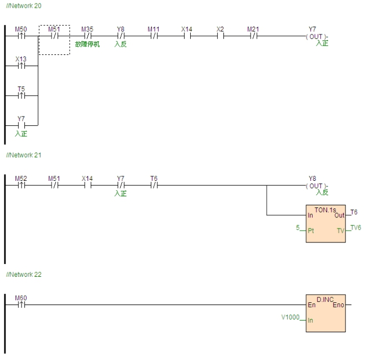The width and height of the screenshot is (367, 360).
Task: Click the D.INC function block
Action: tap(325, 313)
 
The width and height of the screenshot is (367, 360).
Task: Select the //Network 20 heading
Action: tap(22, 5)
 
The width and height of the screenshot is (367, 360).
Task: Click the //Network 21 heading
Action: tap(22, 155)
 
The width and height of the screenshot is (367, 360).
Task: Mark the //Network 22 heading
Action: tap(22, 275)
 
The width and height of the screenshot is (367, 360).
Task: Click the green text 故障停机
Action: tap(87, 44)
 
